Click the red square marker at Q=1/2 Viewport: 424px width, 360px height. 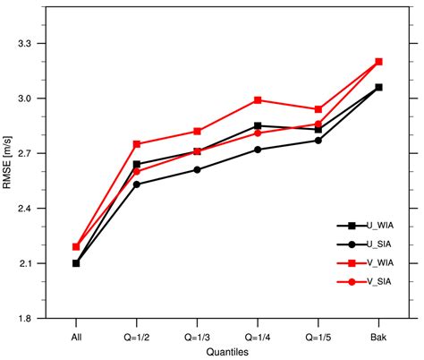137,144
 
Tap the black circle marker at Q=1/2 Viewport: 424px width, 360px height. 137,184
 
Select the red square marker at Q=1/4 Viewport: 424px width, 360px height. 258,100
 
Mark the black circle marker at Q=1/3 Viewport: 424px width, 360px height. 198,169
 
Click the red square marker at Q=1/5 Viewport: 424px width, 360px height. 318,109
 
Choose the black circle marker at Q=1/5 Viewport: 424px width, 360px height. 318,141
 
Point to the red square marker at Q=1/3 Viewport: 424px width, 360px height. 198,131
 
